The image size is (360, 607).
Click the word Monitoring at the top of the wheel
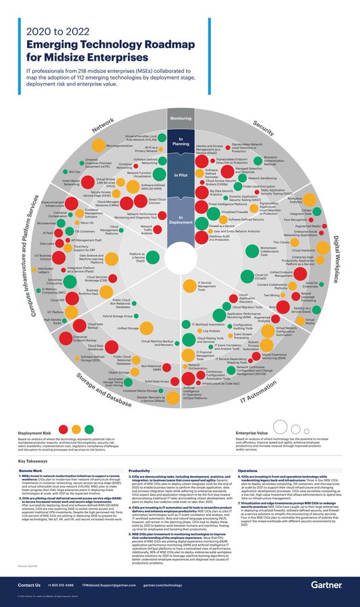point(180,119)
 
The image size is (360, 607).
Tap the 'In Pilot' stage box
point(180,175)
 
